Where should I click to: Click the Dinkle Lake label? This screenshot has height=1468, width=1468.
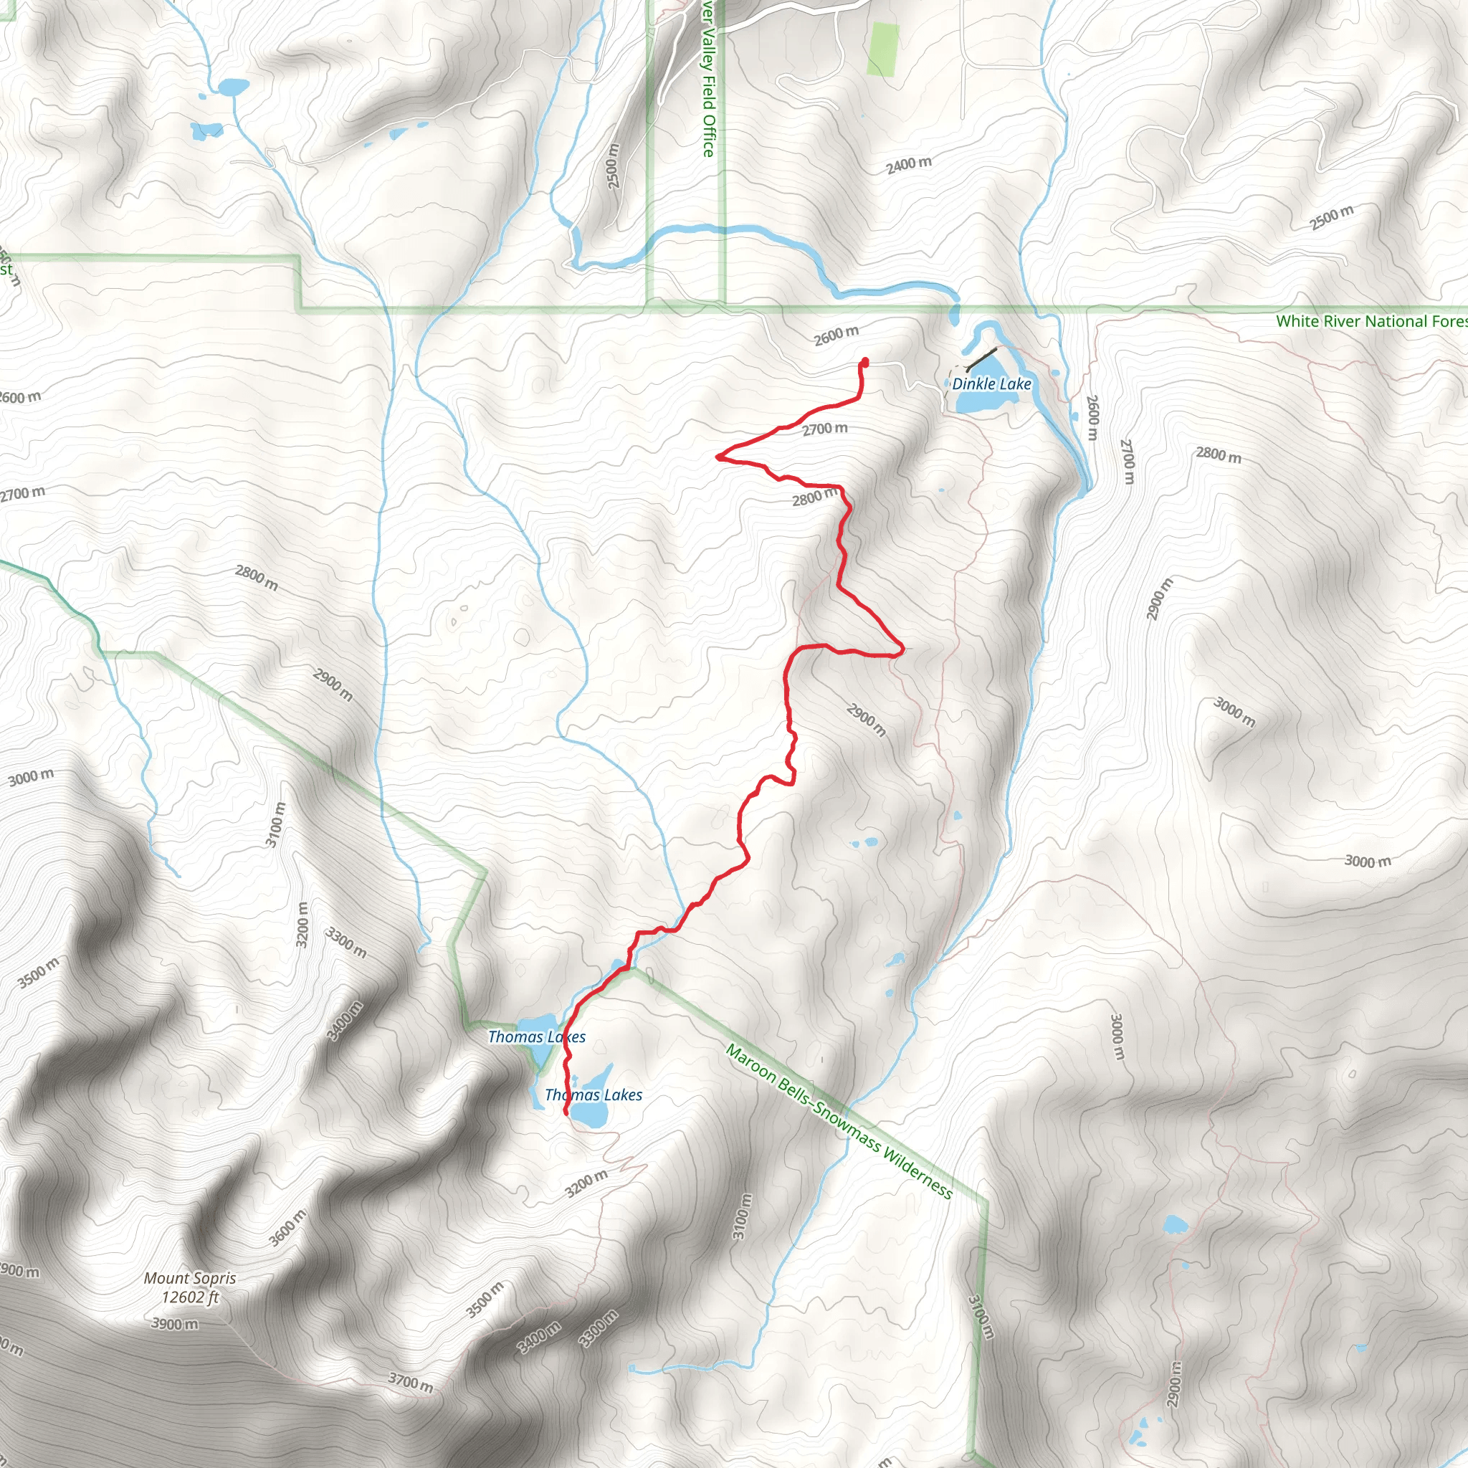click(x=991, y=383)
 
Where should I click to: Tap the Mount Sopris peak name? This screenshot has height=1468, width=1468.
click(x=190, y=1279)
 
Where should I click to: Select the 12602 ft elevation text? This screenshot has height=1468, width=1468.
click(x=190, y=1297)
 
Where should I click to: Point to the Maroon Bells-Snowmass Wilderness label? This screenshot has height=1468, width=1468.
click(x=839, y=1122)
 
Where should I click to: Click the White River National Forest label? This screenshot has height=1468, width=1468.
click(x=1371, y=321)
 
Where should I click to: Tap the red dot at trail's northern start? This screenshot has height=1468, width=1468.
click(x=865, y=362)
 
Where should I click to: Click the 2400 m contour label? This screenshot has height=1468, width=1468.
click(x=909, y=165)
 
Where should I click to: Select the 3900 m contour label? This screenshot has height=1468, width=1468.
click(x=176, y=1325)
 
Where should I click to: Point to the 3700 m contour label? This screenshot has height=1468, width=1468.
click(x=410, y=1382)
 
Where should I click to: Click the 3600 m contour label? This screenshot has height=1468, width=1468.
click(x=288, y=1228)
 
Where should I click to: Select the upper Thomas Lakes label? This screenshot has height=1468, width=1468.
click(x=536, y=1037)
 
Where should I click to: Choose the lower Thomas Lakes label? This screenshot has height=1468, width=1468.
click(x=594, y=1095)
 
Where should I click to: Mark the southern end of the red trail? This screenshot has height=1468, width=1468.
click(x=566, y=1113)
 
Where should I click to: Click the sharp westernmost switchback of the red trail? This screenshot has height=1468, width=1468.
click(x=718, y=457)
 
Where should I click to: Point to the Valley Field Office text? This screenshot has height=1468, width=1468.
click(x=708, y=84)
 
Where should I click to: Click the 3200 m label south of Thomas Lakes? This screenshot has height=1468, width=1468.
click(x=586, y=1183)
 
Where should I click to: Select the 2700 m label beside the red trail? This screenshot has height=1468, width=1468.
click(x=824, y=429)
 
